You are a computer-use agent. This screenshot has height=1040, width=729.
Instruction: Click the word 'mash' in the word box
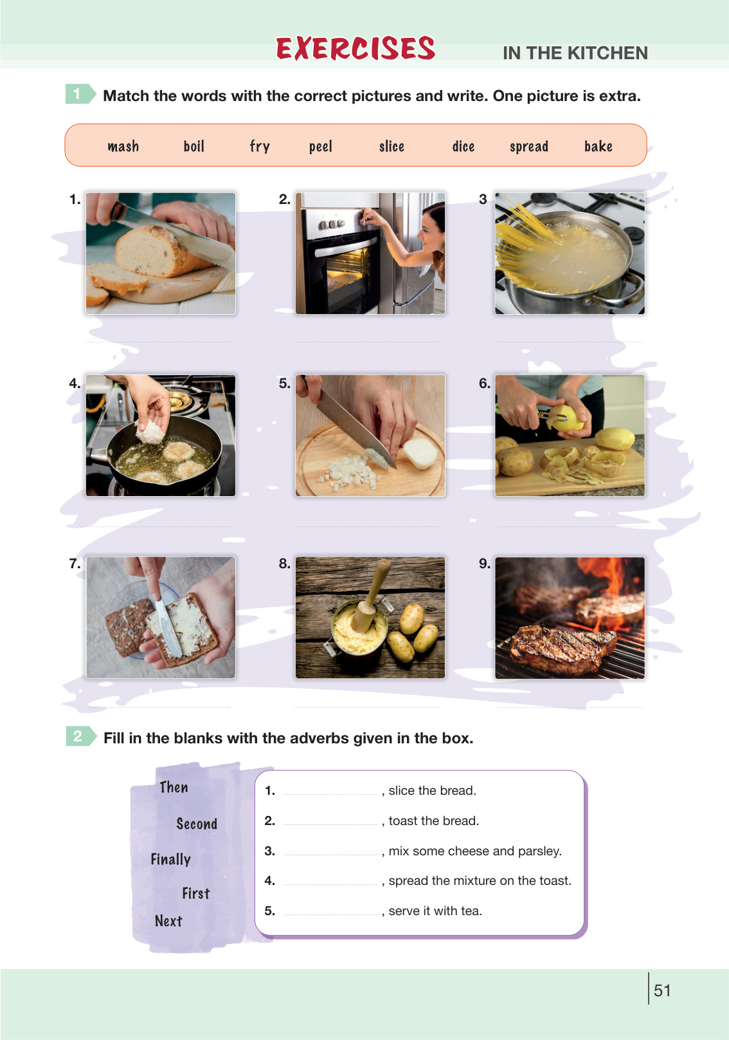point(123,146)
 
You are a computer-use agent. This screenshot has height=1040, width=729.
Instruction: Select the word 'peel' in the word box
point(320,147)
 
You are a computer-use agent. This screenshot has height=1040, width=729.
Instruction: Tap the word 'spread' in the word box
point(528,147)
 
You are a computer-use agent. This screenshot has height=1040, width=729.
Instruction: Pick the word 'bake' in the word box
point(598,146)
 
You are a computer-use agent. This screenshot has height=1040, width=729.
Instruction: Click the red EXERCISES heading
point(355,48)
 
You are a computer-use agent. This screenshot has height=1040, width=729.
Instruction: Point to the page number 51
point(661,990)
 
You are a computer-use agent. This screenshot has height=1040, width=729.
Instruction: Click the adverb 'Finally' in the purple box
point(170,859)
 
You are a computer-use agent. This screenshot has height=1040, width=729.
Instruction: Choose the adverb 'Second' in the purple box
point(197,824)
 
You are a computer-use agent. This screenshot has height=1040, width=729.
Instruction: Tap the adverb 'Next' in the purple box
point(168,921)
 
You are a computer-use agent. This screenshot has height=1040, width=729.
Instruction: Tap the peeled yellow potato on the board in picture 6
point(615,439)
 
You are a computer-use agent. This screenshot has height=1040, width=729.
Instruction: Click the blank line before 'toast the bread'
point(330,824)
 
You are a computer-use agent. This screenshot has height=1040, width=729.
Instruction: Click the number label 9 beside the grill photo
point(484,564)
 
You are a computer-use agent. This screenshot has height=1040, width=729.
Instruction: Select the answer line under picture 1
point(158,342)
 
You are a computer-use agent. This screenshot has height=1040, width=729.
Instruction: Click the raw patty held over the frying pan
point(150,432)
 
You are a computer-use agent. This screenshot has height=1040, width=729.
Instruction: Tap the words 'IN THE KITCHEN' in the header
point(575,53)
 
